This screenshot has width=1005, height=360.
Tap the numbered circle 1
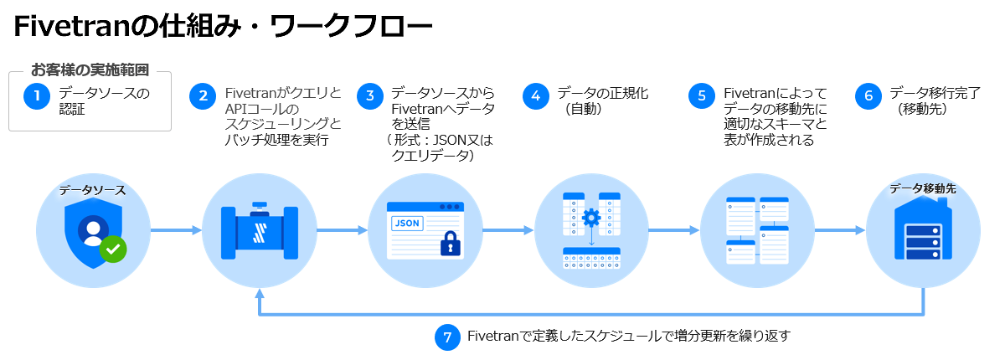click(37, 97)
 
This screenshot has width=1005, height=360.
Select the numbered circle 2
click(203, 97)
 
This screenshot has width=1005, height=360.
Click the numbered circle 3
click(369, 97)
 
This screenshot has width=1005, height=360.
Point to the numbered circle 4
click(535, 97)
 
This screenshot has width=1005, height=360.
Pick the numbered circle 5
click(702, 97)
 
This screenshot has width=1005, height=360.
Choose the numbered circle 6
click(868, 97)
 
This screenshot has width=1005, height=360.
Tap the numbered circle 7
click(447, 337)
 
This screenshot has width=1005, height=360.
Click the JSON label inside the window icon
click(406, 224)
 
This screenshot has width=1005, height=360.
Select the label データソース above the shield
click(92, 190)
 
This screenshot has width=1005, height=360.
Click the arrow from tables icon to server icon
click(840, 229)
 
